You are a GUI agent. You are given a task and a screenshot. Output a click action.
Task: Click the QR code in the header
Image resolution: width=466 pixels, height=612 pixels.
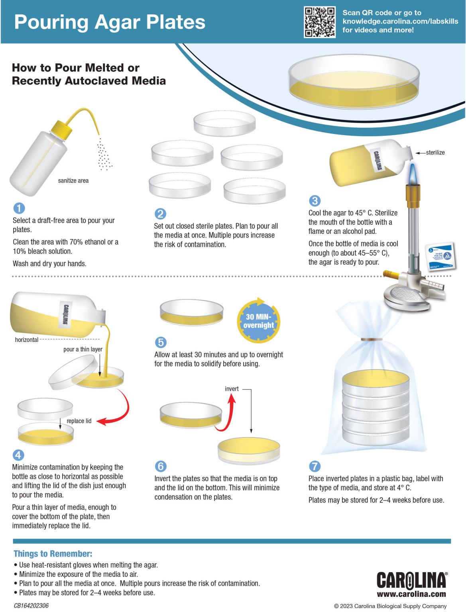click(x=319, y=22)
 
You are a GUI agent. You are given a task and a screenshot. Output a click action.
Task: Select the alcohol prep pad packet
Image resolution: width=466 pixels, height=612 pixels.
click(x=440, y=256)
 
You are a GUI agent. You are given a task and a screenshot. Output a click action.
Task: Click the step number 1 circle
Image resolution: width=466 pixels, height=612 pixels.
click(x=19, y=208)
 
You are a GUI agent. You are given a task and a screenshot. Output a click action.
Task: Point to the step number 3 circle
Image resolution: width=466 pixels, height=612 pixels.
click(x=315, y=201)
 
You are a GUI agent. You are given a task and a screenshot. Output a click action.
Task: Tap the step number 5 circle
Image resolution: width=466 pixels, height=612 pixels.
click(x=160, y=342)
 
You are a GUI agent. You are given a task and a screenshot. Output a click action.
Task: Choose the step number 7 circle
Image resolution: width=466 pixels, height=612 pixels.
click(x=315, y=466)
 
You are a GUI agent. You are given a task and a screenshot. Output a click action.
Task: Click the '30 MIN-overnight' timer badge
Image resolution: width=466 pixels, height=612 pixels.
click(x=259, y=321)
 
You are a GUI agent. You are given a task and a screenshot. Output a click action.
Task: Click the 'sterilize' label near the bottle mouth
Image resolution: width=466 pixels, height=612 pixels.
click(x=435, y=153)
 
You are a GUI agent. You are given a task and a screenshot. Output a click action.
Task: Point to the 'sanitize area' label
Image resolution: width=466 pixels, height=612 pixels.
click(x=73, y=180)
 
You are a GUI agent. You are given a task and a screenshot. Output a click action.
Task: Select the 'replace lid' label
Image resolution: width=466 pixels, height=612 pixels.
click(x=79, y=421)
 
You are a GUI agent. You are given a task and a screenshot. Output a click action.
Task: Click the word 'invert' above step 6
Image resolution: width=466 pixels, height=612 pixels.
click(x=232, y=389)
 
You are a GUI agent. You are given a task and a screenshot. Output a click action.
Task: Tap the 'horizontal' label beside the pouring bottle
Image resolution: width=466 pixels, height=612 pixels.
click(x=27, y=340)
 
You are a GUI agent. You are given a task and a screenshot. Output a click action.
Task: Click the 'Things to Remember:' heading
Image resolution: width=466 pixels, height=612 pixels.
click(x=53, y=553)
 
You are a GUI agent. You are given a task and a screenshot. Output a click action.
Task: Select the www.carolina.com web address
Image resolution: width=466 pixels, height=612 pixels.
click(x=411, y=594)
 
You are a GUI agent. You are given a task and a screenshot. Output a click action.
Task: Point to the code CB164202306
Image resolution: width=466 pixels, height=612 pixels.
click(x=31, y=606)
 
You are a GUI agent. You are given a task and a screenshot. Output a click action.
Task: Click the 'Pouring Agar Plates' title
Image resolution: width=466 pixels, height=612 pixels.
click(x=110, y=22)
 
